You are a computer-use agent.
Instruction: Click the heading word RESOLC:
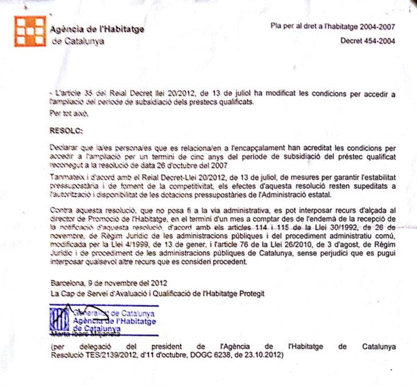[66, 131]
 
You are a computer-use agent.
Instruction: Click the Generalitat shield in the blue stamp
[59, 322]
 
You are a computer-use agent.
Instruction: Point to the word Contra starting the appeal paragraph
[61, 210]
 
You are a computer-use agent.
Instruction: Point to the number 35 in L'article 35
[86, 93]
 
